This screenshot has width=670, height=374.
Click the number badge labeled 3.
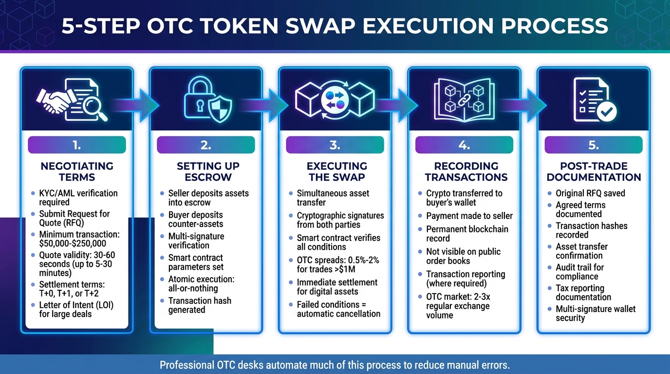[335, 145]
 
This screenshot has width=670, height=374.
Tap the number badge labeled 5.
[593, 145]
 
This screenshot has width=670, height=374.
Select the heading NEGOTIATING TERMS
[76, 171]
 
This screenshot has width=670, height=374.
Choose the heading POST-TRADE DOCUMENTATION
[594, 171]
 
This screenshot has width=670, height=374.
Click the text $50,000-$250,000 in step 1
[73, 243]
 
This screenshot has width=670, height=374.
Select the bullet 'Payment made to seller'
[469, 216]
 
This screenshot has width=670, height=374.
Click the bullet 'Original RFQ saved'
[590, 193]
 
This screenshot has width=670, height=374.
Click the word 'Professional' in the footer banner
[189, 365]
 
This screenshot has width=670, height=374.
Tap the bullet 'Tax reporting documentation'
[583, 293]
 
